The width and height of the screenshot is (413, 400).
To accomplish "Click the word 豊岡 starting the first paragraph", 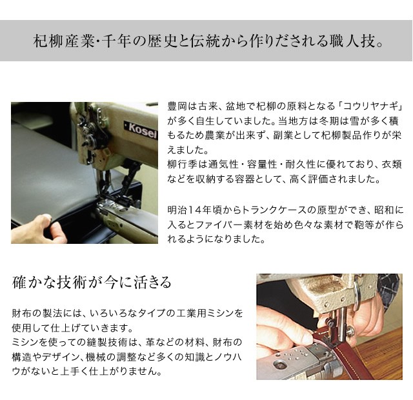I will (176, 105).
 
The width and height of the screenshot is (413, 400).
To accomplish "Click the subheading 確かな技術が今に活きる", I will (92, 283).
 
